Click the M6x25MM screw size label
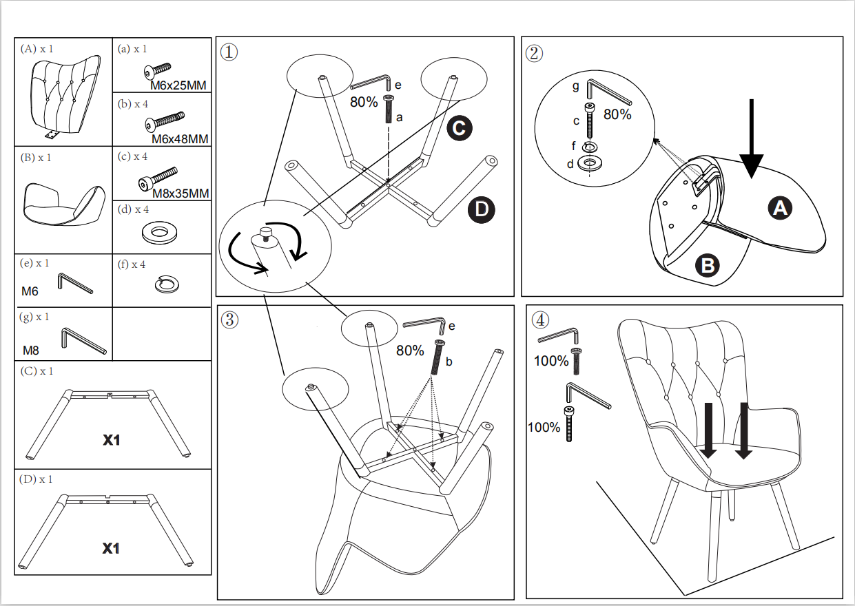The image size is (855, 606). click(178, 86)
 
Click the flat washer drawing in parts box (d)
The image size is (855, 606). click(161, 232)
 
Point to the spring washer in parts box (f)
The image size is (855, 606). click(167, 284)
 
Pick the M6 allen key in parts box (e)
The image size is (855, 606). click(74, 283)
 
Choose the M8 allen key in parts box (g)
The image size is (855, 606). click(83, 340)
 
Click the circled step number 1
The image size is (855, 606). click(229, 52)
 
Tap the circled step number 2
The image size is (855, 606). click(535, 52)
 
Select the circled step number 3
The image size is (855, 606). click(230, 320)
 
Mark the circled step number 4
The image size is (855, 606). click(541, 320)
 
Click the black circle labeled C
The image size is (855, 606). click(459, 127)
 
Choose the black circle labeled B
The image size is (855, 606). click(707, 264)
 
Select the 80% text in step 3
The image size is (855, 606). click(410, 351)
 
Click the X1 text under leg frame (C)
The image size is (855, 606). click(112, 439)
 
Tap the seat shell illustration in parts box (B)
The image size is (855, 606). click(63, 205)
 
